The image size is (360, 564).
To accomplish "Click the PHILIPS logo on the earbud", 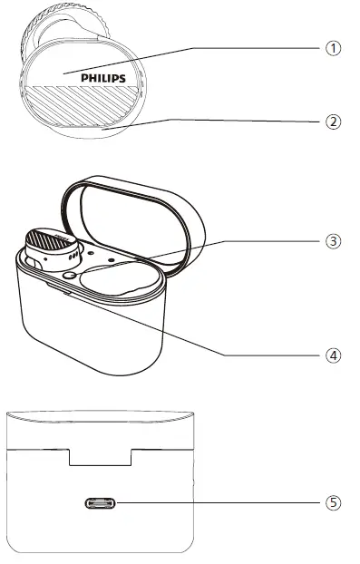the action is (x=102, y=78).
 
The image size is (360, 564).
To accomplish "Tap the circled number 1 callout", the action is (x=335, y=48).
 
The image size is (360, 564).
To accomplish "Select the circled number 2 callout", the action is (x=335, y=120).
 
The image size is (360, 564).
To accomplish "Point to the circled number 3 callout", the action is (x=335, y=241).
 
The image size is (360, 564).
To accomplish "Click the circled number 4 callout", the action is (x=335, y=355).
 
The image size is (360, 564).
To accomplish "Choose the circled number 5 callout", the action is (x=335, y=501).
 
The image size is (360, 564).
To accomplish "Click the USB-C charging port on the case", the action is (x=101, y=502).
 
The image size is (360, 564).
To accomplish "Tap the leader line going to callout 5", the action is (x=218, y=501).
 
